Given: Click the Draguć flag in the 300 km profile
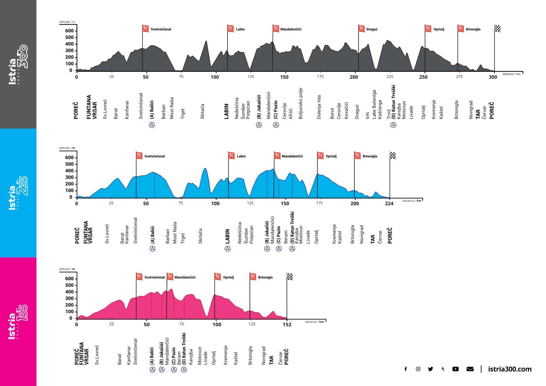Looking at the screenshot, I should [x=362, y=28].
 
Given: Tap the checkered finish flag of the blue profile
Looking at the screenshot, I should [x=393, y=155].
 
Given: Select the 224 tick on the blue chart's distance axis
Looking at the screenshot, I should [x=389, y=204].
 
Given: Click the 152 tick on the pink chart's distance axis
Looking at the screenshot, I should [x=287, y=324].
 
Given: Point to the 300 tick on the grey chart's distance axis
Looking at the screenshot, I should [x=493, y=77].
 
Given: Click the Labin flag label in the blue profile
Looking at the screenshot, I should [x=241, y=156].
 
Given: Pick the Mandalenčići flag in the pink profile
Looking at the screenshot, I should [x=170, y=277].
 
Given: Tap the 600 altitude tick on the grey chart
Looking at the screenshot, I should [x=69, y=31].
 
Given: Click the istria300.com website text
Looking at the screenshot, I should [x=509, y=369].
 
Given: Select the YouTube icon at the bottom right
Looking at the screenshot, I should [x=455, y=369].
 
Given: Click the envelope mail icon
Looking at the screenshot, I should [x=470, y=369].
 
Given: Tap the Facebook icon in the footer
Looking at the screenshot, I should [x=406, y=369].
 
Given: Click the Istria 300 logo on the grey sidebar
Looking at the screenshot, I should [x=18, y=64].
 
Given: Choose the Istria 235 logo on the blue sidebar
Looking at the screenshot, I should [x=18, y=193].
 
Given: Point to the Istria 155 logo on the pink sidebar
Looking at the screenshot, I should [x=18, y=322].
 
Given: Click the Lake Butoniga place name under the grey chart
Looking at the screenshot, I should [x=374, y=105].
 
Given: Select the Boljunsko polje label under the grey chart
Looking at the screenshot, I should [x=301, y=104].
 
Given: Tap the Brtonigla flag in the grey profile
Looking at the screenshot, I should [x=461, y=28].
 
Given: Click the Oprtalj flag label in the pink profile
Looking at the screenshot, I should [x=228, y=277].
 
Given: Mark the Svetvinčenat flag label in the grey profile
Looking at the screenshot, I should [x=161, y=29].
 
